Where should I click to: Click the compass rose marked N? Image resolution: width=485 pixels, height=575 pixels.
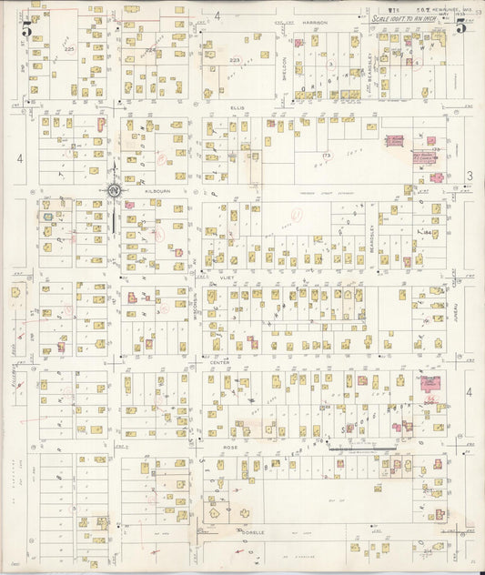click(x=115, y=189)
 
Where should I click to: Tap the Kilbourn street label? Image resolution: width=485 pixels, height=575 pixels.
click(x=133, y=192)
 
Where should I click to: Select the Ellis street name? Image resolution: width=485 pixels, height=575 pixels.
click(x=238, y=107)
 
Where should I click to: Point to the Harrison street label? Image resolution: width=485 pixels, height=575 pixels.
click(x=316, y=21)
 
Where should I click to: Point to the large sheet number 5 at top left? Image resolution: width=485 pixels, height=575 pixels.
click(x=27, y=28)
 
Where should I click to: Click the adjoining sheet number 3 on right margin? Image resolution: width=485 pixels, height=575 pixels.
click(x=470, y=176)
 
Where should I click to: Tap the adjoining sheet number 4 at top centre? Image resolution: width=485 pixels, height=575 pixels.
click(x=217, y=15)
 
